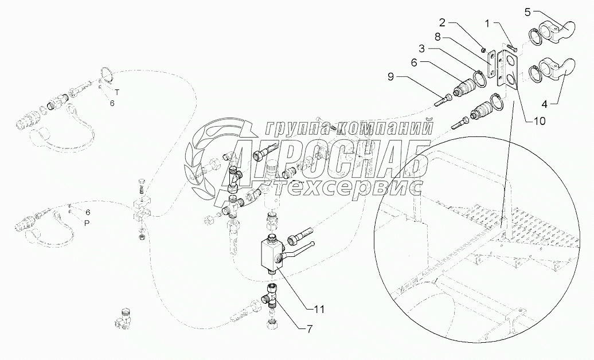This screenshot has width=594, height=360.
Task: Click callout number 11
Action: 319,309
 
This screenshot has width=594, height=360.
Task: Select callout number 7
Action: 310,329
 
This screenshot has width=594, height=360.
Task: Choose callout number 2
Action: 442,22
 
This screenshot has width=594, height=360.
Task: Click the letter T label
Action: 117,92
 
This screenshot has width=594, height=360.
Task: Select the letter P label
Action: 87,223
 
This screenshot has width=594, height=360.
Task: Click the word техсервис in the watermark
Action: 341,186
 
